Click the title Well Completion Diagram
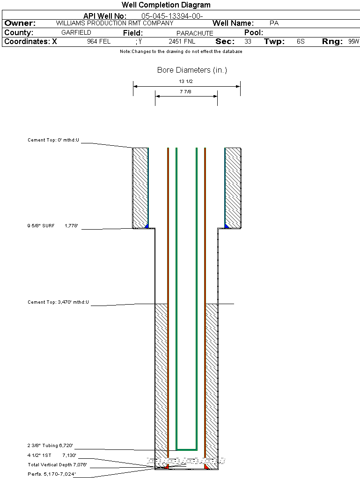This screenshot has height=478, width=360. (166, 5)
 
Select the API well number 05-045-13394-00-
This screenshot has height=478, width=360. (172, 16)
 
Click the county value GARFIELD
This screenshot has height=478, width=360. (76, 33)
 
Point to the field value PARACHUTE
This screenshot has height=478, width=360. (195, 33)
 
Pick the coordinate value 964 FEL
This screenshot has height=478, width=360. (99, 42)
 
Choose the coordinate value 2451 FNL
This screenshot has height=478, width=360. (182, 42)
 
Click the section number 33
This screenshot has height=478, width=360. (248, 42)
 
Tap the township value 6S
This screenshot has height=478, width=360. (301, 42)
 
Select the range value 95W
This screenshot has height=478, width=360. (353, 42)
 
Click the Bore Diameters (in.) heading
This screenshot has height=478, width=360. (192, 70)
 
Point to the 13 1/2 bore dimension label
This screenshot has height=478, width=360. (186, 82)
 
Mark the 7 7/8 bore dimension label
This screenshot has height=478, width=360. (186, 92)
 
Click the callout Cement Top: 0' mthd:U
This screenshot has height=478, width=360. (54, 140)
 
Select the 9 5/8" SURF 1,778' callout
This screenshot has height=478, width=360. (52, 226)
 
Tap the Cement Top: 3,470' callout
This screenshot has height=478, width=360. (59, 302)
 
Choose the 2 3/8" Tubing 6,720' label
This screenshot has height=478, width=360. (50, 446)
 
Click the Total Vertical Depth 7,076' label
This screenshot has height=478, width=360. (57, 465)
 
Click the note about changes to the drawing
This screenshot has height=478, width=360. (181, 52)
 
